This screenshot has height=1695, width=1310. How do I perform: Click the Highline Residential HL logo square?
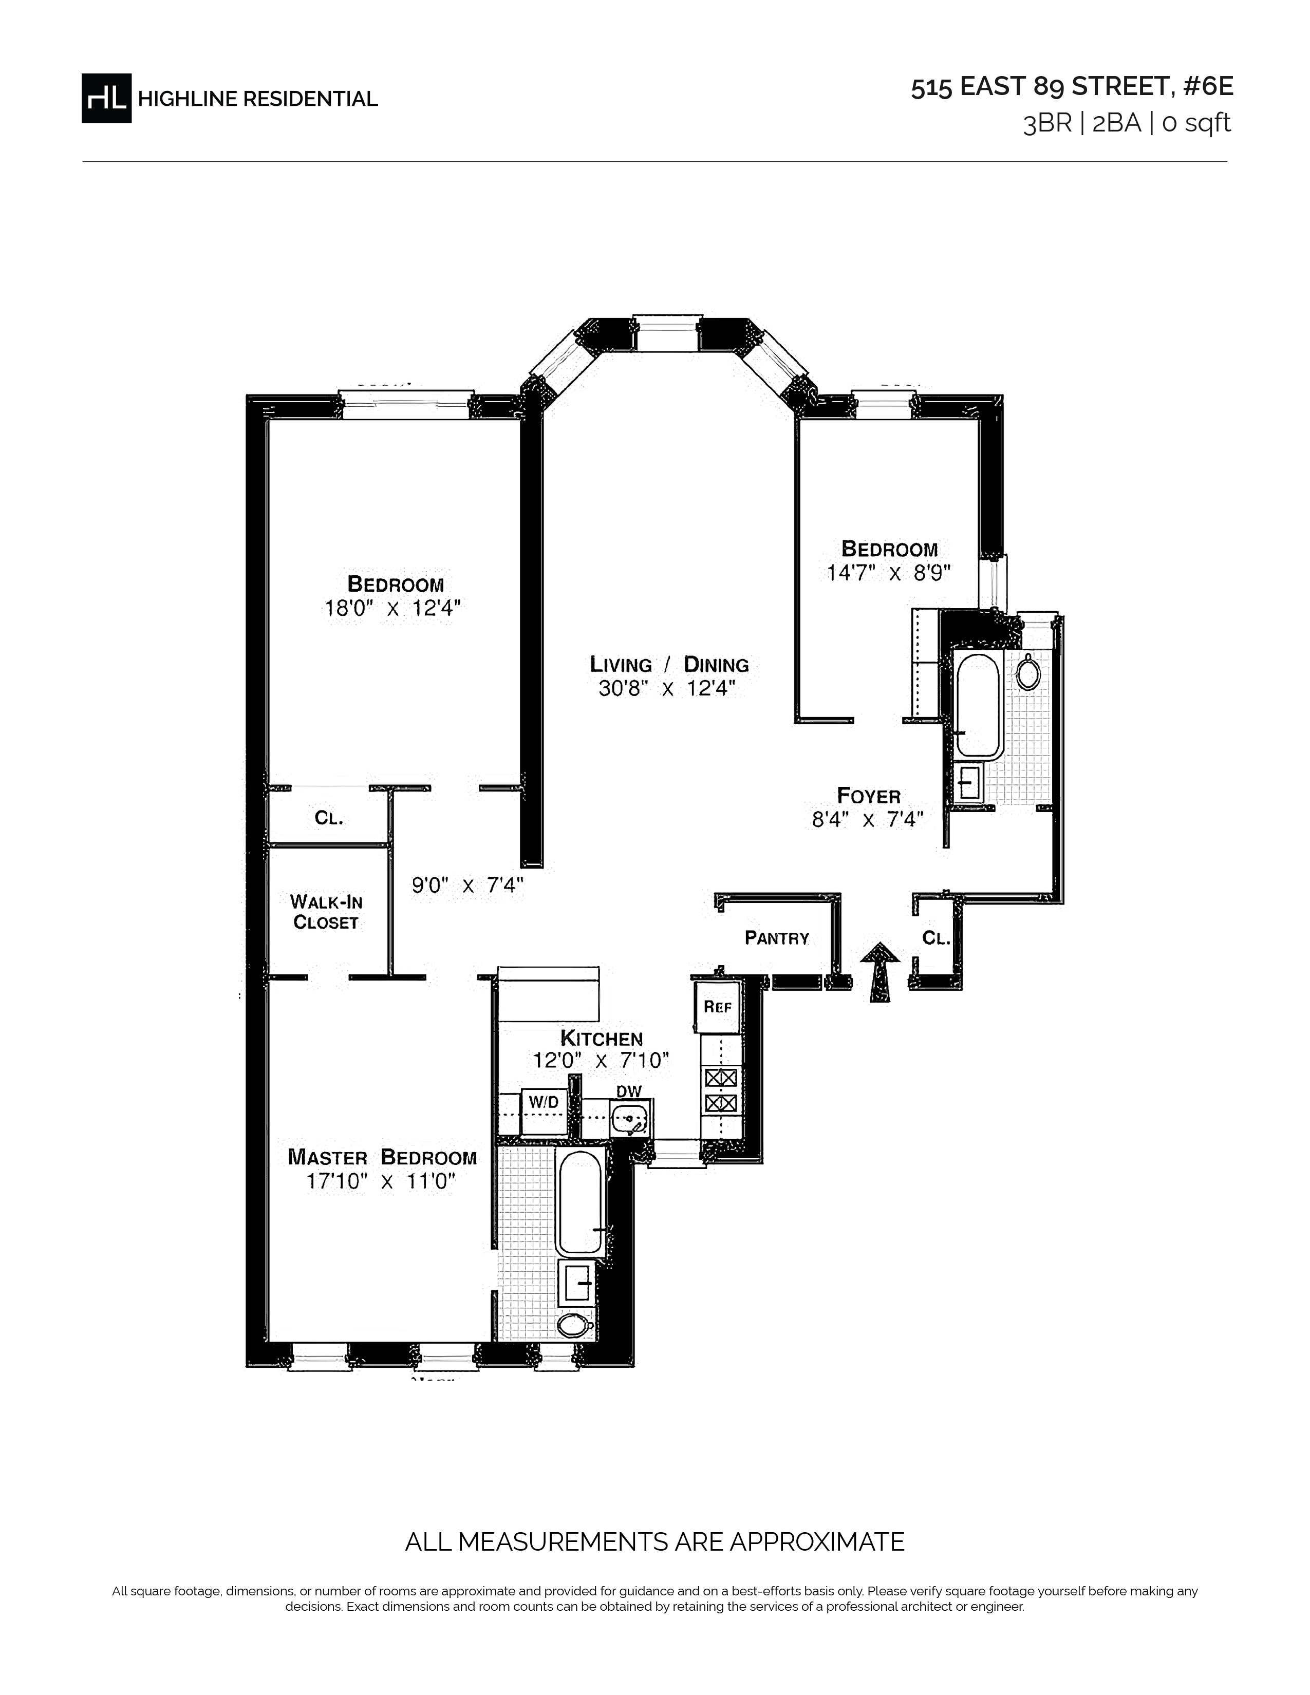coord(106,98)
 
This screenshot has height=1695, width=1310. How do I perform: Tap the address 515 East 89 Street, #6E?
coord(1072,87)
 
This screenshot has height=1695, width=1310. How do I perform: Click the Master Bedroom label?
coord(382,1157)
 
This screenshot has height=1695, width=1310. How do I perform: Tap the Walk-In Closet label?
coord(326,912)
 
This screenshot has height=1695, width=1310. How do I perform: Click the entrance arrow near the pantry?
coord(879,972)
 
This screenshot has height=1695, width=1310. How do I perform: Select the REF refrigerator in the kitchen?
coord(718,1007)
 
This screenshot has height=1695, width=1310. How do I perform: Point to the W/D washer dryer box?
coord(544,1112)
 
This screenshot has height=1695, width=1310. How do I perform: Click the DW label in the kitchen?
coord(629,1091)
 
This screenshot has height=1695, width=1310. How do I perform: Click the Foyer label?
coord(868,796)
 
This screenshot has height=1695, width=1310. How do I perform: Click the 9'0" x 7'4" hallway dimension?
coord(468,886)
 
